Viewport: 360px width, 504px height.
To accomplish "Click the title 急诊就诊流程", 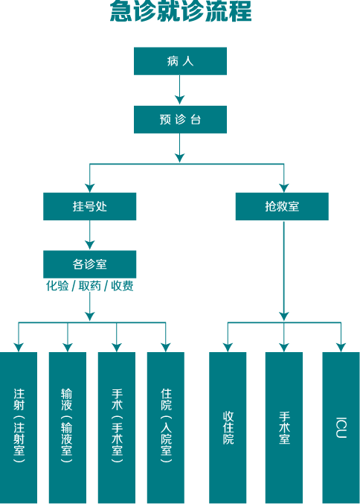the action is click(x=181, y=11).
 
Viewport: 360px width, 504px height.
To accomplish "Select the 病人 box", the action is click(x=180, y=61).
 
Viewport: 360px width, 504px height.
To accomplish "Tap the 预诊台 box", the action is click(x=180, y=119).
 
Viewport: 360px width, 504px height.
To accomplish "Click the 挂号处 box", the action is click(x=89, y=206).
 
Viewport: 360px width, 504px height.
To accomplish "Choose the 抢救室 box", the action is click(x=282, y=206).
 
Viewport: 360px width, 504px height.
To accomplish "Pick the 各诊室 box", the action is click(x=89, y=264).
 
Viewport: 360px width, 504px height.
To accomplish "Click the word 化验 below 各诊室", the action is click(x=57, y=286).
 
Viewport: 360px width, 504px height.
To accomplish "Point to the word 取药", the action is click(x=89, y=286).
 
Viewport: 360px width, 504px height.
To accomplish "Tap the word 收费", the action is click(x=122, y=286).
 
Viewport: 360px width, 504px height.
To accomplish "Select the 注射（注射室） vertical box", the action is click(x=19, y=427).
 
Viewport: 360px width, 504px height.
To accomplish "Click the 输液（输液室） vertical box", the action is click(x=68, y=427).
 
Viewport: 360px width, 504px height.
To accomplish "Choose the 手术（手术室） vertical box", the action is click(x=117, y=427).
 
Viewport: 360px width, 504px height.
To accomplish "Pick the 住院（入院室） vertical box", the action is click(x=166, y=427).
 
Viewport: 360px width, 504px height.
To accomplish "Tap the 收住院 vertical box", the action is click(x=228, y=427).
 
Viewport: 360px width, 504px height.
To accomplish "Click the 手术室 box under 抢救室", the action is click(x=284, y=427).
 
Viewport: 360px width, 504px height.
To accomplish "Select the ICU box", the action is click(x=341, y=427).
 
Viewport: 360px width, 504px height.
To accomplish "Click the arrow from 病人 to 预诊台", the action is click(x=179, y=90).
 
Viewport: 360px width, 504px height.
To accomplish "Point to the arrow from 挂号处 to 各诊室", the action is click(x=89, y=235).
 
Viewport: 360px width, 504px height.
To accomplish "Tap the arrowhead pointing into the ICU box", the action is click(x=341, y=348).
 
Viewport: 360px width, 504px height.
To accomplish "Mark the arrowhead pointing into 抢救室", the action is click(x=284, y=188).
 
